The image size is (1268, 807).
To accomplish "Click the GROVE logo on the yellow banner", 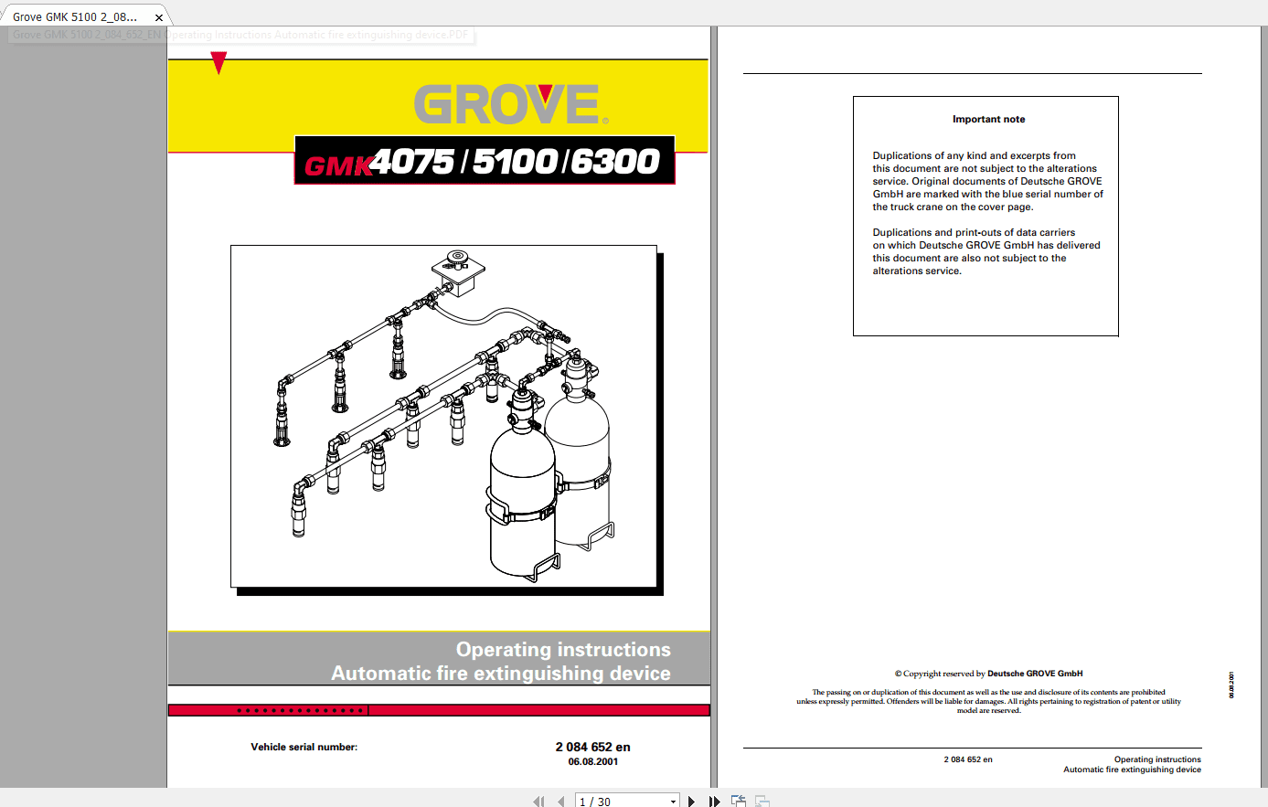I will [508, 105].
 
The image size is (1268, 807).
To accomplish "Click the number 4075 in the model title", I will [412, 162].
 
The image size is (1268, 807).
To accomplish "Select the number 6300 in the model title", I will [615, 162].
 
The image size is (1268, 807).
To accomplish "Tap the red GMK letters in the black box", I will [336, 165].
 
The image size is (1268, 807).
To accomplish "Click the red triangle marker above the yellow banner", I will [218, 62].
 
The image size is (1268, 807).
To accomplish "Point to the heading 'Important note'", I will [988, 120].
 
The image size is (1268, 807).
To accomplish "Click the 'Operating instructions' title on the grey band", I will [563, 650].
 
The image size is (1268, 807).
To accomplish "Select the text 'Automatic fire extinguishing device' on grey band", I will [501, 674].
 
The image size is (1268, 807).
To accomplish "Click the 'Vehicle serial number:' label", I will [304, 748].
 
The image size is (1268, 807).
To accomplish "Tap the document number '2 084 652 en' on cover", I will [592, 747].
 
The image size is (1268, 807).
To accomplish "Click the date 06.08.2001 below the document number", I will [592, 761].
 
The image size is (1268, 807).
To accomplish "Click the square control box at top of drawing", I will [455, 271].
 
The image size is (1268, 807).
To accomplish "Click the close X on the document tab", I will [159, 17].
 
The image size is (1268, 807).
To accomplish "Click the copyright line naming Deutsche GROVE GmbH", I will [988, 674].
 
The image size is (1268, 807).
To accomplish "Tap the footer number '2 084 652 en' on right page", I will [968, 759].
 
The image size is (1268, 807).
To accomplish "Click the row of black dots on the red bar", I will [301, 710].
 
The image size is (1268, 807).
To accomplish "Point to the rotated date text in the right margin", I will [1231, 685].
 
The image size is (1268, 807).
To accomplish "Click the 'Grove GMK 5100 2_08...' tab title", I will [75, 17].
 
